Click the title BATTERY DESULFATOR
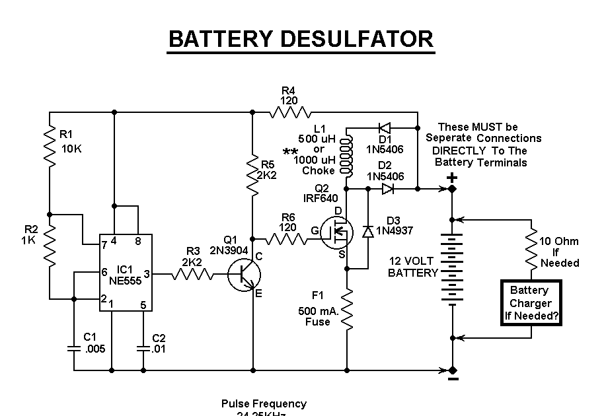point(301,39)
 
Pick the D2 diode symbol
point(387,189)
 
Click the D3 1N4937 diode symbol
point(367,231)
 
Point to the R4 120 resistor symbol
point(289,112)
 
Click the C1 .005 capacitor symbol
point(73,346)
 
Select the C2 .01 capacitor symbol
point(142,346)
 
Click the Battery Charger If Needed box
point(531,303)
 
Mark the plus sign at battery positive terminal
point(452,177)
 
